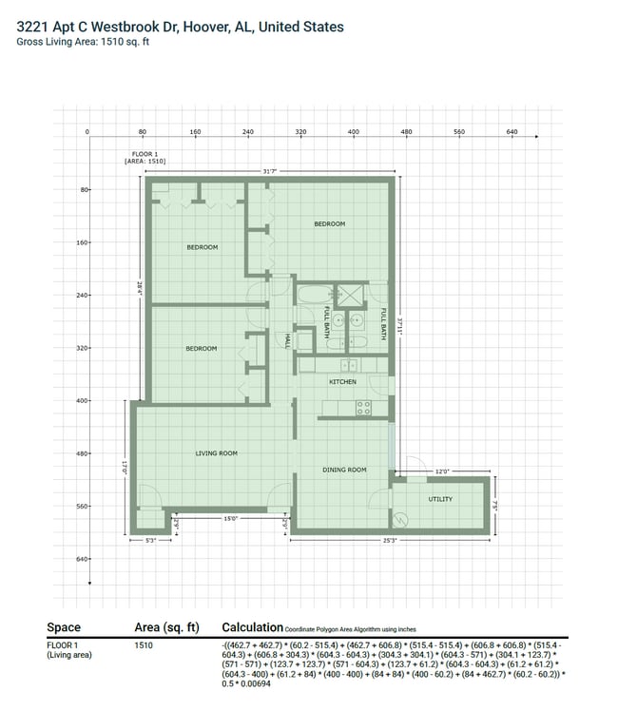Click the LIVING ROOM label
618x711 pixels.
[x=217, y=453]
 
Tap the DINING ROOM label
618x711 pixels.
[x=343, y=470]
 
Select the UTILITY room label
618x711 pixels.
[x=440, y=499]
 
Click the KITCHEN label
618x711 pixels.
[x=342, y=382]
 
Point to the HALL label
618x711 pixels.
[x=286, y=339]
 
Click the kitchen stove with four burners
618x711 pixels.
[x=363, y=408]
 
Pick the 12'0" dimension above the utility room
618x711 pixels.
[x=442, y=471]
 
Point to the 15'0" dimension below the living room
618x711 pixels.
[x=230, y=519]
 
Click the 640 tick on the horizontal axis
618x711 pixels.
[x=512, y=132]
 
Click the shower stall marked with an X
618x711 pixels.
[x=349, y=295]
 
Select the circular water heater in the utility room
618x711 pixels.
[x=401, y=520]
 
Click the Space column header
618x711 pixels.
[x=64, y=627]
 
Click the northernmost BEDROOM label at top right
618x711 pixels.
[x=330, y=224]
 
